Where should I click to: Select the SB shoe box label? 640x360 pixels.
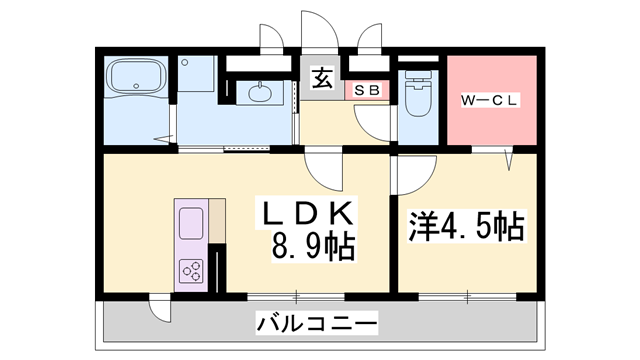[367, 90]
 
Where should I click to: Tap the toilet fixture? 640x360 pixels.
[418, 99]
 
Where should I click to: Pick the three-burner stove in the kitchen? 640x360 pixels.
[192, 269]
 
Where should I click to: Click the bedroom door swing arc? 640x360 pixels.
[411, 176]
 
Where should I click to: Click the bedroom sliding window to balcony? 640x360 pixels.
[467, 297]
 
